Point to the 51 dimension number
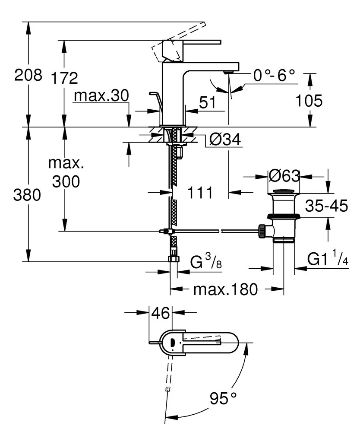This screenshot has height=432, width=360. [207, 102]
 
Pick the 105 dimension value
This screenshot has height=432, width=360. [309, 101]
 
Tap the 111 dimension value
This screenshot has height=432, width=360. [199, 193]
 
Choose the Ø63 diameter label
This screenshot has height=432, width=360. [284, 176]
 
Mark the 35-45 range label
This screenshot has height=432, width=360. [326, 206]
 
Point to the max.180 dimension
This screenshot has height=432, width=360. [225, 289]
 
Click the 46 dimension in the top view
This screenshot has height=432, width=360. [161, 313]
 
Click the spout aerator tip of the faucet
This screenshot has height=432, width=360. [229, 72]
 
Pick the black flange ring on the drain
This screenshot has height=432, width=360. [283, 216]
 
